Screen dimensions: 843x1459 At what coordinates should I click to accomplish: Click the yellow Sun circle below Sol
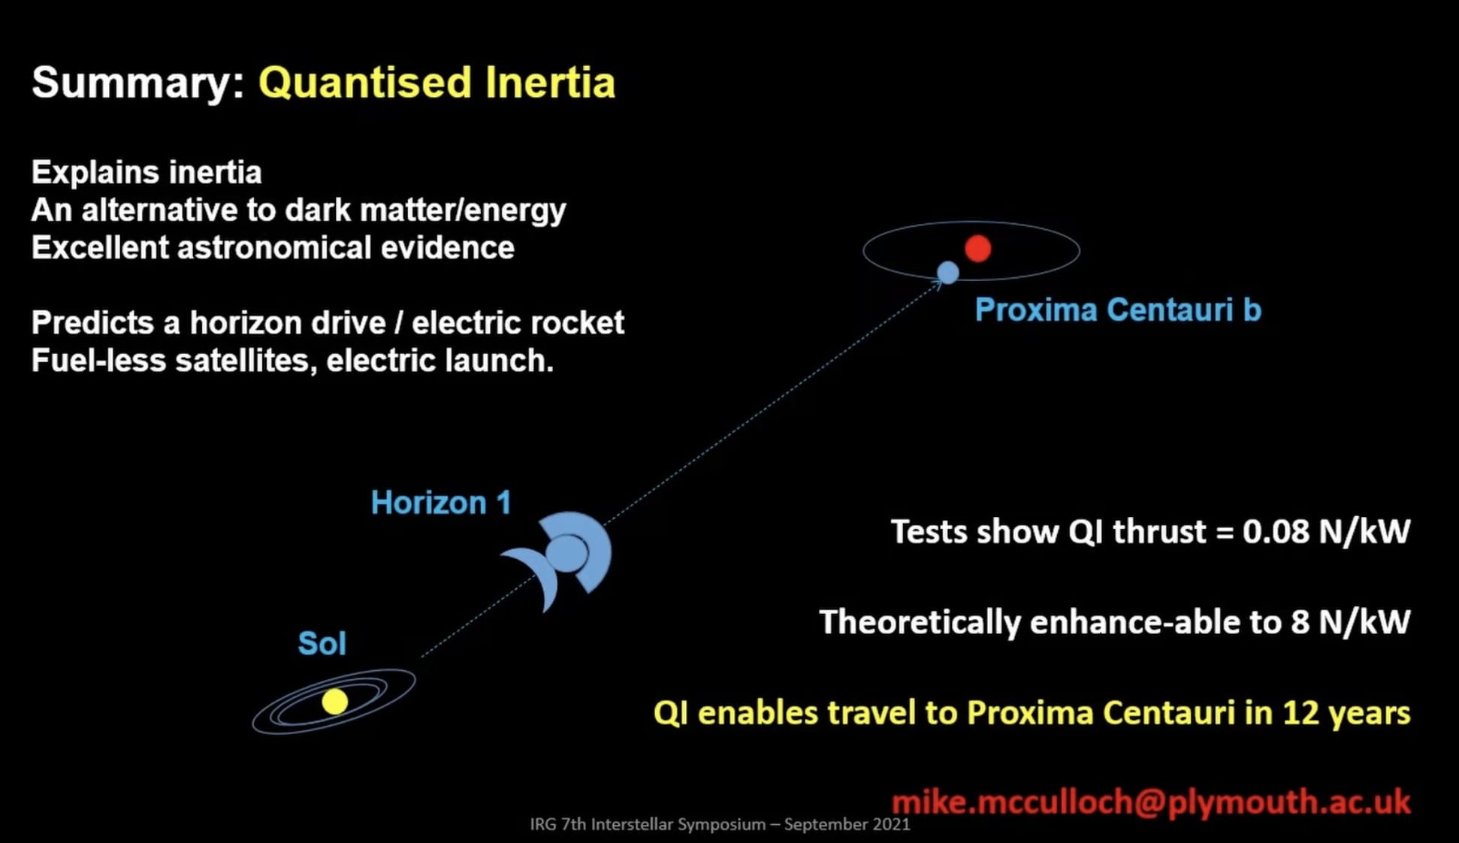(x=335, y=702)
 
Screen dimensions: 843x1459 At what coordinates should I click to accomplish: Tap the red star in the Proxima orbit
(x=977, y=249)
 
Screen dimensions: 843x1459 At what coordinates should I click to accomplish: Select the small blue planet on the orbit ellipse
(x=948, y=272)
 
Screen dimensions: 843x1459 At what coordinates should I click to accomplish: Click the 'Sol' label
(x=322, y=644)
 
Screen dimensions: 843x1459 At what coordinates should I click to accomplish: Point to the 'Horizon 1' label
(x=441, y=503)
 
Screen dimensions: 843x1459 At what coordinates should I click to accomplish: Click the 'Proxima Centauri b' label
(x=1117, y=310)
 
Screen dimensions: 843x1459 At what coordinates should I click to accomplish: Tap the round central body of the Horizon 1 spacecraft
(x=566, y=554)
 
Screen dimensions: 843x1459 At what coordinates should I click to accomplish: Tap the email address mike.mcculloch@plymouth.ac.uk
(x=1151, y=802)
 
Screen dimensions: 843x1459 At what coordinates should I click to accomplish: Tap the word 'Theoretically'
(x=919, y=623)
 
